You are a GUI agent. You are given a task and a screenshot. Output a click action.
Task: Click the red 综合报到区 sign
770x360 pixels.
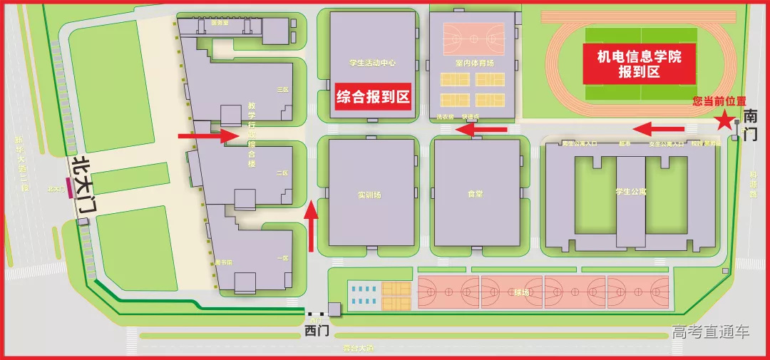[374, 98]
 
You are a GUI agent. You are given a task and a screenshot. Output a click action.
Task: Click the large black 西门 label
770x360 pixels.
[317, 331]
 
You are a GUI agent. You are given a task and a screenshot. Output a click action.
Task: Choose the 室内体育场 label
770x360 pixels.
[474, 63]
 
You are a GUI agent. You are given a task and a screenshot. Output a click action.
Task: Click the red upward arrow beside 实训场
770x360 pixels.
[312, 227]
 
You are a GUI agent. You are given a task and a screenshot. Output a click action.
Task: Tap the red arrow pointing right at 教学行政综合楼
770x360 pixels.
[208, 136]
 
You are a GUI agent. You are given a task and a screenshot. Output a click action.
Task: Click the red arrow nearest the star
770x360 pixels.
[659, 129]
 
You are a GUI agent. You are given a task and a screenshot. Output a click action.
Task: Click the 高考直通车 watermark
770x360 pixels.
[710, 332]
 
